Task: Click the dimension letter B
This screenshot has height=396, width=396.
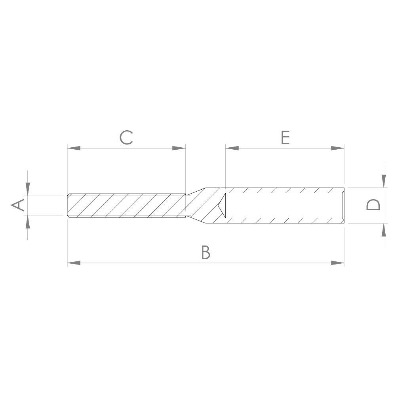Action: pyautogui.click(x=205, y=252)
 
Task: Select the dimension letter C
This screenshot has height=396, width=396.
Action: pyautogui.click(x=126, y=137)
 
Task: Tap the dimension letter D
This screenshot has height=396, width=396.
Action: pyautogui.click(x=373, y=205)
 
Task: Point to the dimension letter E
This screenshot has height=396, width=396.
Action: pyautogui.click(x=285, y=137)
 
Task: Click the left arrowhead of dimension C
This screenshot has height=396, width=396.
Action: pyautogui.click(x=74, y=148)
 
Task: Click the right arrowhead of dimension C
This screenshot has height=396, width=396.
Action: pyautogui.click(x=179, y=148)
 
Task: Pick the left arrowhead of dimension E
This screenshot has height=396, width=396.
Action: pyautogui.click(x=232, y=148)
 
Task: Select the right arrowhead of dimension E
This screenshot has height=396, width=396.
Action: pyautogui.click(x=337, y=148)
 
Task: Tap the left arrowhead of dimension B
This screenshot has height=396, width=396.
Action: pyautogui.click(x=74, y=263)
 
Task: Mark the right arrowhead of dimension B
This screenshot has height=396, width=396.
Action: pyautogui.click(x=337, y=263)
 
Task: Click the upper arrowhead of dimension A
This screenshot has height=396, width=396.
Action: pyautogui.click(x=27, y=189)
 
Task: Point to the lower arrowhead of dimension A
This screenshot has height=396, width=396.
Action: pyautogui.click(x=27, y=222)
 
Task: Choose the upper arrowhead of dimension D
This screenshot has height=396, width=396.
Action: pyautogui.click(x=384, y=181)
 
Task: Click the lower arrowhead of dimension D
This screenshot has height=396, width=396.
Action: pyautogui.click(x=384, y=230)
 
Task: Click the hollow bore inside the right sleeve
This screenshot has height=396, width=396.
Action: pyautogui.click(x=283, y=205)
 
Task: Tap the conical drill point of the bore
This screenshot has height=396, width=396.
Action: pyautogui.click(x=221, y=205)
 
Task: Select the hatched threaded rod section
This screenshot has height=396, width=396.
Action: pyautogui.click(x=127, y=205)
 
